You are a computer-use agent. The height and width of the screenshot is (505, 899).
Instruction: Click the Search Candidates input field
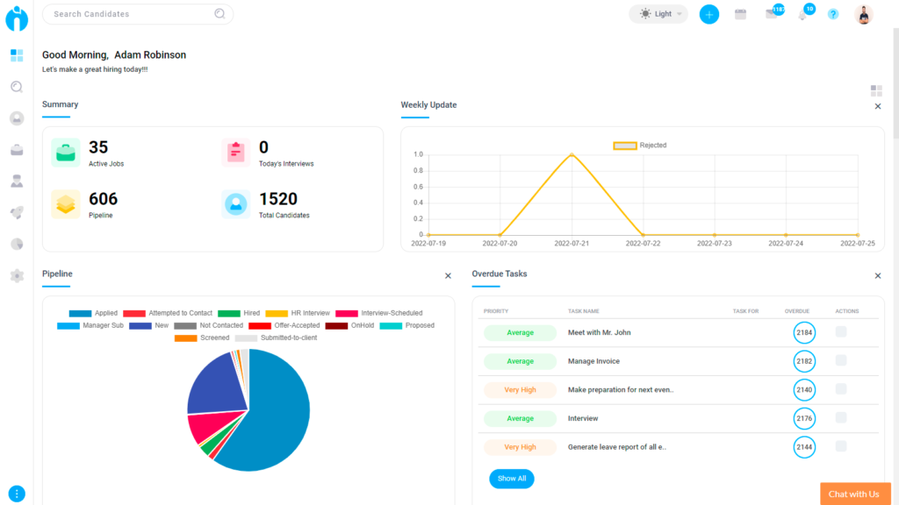pos(132,14)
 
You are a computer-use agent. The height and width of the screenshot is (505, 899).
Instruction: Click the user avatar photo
pos(864,14)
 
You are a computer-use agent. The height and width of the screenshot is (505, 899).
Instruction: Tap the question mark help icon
pos(833,14)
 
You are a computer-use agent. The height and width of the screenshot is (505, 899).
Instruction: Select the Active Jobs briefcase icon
pos(66,153)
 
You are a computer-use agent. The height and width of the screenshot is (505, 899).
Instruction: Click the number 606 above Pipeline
pos(103,199)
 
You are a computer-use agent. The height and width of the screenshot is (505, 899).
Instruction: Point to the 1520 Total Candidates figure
pos(278,199)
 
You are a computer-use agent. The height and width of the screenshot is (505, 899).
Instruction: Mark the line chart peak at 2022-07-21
pos(572,154)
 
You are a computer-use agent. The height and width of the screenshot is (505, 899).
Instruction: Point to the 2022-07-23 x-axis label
pos(714,244)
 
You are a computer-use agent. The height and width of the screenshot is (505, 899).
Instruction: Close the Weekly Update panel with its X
pos(877,106)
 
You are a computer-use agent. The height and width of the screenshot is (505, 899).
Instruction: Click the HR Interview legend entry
pos(298,313)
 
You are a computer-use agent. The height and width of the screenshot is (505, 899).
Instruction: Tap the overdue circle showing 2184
pos(804,333)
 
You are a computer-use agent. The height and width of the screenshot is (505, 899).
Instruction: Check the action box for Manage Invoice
pos(841,360)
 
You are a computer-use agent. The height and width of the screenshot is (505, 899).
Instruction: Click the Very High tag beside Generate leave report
pos(520,447)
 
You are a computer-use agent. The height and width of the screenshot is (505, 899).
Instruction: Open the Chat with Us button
pos(854,494)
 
